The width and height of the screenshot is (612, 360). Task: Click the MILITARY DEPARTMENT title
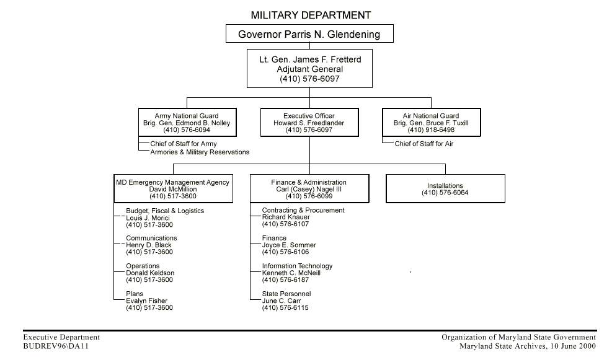[x=311, y=15]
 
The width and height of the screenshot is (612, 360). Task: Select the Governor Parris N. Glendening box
[x=309, y=34]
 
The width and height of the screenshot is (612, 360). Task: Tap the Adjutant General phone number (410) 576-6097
[x=309, y=79]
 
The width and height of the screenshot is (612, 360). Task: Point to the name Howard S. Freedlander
[x=309, y=123]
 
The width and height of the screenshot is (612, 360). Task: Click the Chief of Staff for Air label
[x=424, y=144]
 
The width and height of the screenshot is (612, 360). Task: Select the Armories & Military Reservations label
[x=200, y=152]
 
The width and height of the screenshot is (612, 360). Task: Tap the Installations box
[x=445, y=189]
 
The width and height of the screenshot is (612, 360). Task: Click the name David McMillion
[x=173, y=190]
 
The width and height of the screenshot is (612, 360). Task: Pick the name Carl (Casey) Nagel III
[x=309, y=190]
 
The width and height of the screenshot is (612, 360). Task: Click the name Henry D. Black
[x=149, y=245]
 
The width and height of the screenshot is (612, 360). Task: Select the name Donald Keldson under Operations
[x=150, y=273]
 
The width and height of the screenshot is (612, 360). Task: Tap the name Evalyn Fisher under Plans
[x=147, y=301]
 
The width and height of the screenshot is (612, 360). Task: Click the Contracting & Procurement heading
[x=303, y=211]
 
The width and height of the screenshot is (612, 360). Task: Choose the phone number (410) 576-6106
[x=285, y=252]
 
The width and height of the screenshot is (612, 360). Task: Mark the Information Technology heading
[x=297, y=266]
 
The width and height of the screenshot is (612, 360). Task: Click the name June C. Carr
[x=282, y=301]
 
